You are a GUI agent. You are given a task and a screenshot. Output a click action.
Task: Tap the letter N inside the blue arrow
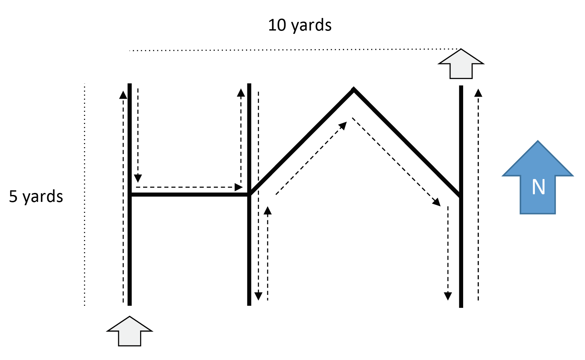coord(538,187)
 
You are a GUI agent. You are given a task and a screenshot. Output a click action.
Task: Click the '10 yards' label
coord(299,25)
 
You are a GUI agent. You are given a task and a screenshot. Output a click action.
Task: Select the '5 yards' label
coord(36,196)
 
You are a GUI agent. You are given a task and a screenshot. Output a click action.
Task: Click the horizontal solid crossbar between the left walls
coord(189,195)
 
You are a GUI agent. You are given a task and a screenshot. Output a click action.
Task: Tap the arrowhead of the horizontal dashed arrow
coord(239,187)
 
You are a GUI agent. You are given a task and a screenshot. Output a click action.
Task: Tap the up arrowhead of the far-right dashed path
coord(478,92)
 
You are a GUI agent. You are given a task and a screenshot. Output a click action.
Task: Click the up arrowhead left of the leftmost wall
coord(123,95)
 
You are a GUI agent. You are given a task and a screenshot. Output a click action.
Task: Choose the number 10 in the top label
coord(277,25)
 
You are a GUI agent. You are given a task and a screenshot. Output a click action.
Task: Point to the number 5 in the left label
coord(13,196)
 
